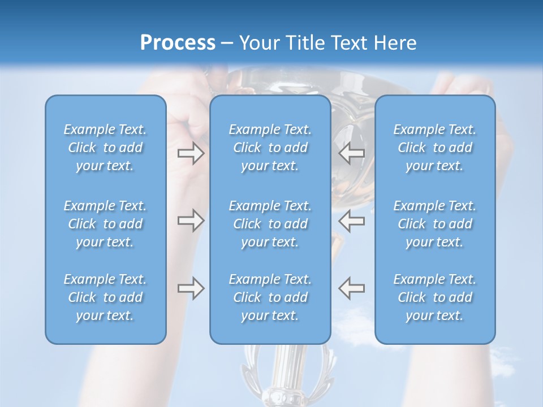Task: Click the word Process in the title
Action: pyautogui.click(x=178, y=43)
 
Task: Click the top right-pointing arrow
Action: pyautogui.click(x=191, y=153)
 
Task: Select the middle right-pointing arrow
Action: pyautogui.click(x=191, y=220)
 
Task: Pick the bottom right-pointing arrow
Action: pyautogui.click(x=191, y=288)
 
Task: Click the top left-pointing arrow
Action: pyautogui.click(x=352, y=153)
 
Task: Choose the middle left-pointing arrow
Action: pyautogui.click(x=352, y=220)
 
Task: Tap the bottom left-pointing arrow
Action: pyautogui.click(x=352, y=288)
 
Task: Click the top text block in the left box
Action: pyautogui.click(x=105, y=148)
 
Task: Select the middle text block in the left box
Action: pyautogui.click(x=105, y=224)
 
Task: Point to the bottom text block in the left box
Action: pyautogui.click(x=105, y=297)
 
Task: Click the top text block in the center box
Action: pyautogui.click(x=270, y=148)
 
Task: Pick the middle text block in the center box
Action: pyautogui.click(x=270, y=224)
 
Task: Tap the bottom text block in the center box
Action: pyautogui.click(x=270, y=297)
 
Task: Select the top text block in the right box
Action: pyautogui.click(x=435, y=148)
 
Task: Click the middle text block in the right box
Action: pyautogui.click(x=435, y=224)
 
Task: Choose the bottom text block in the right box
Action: pyautogui.click(x=435, y=297)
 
